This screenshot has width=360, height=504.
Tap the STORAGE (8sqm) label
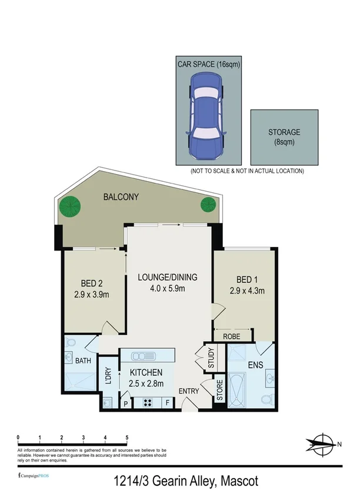(284, 137)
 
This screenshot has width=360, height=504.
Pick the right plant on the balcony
(208, 205)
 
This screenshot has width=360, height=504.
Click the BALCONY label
(121, 197)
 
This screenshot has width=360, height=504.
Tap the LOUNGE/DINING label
(168, 277)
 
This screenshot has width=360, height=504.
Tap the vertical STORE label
(219, 390)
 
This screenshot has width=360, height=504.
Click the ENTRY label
(189, 391)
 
